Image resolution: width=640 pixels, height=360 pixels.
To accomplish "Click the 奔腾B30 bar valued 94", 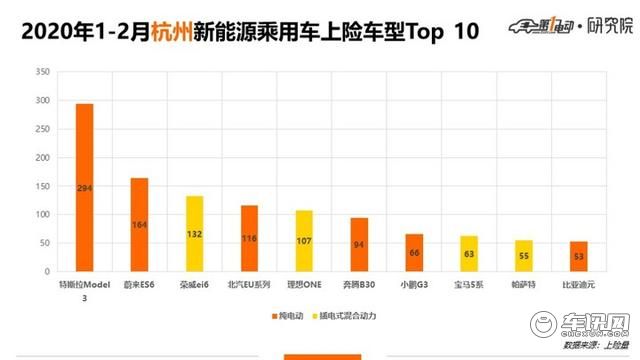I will tap(359, 247).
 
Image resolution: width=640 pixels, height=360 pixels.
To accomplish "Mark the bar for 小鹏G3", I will tap(414, 255).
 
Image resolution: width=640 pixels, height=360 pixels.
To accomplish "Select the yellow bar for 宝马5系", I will tap(469, 256).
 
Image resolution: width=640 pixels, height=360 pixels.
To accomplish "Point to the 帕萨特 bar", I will tap(524, 258).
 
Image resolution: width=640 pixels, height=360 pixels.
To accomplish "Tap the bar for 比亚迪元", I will tap(579, 259).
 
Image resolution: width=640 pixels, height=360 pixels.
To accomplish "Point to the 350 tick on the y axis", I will tap(41, 73).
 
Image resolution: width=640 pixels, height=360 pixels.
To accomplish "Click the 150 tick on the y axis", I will tap(41, 186).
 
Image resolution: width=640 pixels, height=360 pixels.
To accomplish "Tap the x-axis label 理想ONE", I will tap(304, 284).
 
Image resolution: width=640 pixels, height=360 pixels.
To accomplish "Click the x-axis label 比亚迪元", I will tap(579, 284).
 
